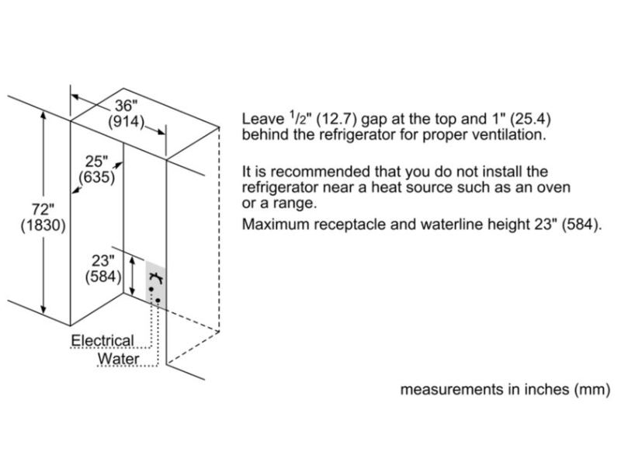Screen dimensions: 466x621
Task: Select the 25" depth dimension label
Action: coord(96,162)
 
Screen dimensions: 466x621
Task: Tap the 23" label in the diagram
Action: coord(102,262)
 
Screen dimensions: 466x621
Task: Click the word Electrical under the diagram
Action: coord(102,340)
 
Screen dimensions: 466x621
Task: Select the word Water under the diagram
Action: coord(118,359)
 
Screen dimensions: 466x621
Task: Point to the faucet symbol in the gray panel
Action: coord(155,276)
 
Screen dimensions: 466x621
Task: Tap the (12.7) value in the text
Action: coord(341,120)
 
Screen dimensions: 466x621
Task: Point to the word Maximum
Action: coord(273,225)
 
